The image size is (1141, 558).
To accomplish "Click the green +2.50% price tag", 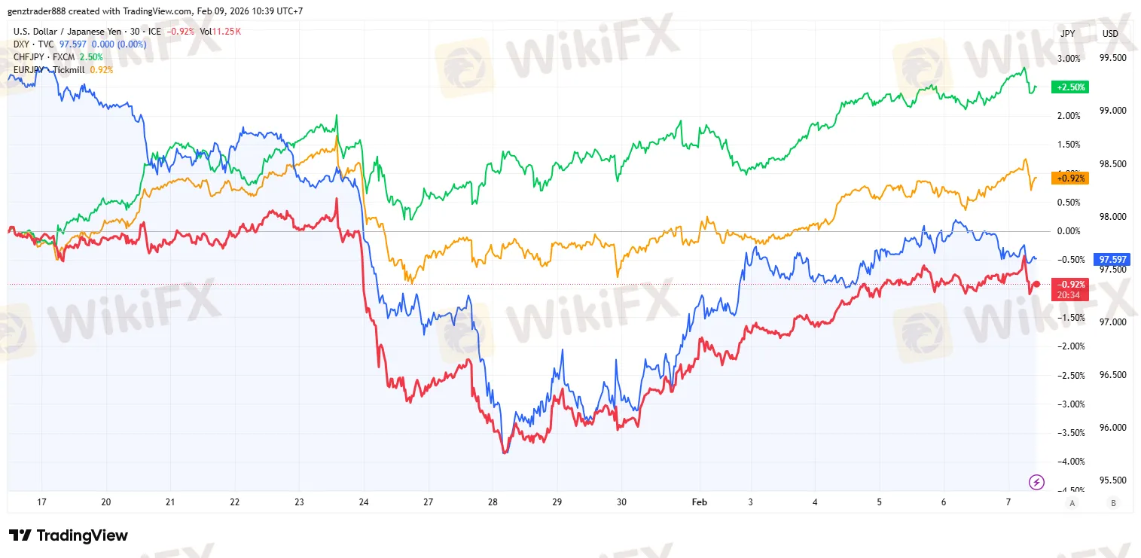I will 1070,87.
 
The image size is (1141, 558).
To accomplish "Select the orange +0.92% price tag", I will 1070,178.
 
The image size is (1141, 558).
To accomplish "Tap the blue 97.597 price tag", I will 1113,260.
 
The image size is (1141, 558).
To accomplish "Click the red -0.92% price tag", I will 1070,285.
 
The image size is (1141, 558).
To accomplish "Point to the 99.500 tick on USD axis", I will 1113,58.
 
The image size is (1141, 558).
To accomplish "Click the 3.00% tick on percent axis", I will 1069,58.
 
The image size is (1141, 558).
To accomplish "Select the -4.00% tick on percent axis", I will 1069,461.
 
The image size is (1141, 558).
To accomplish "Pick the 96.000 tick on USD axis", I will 1113,427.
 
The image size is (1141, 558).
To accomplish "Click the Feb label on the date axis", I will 697,502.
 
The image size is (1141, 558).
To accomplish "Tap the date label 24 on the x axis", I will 365,502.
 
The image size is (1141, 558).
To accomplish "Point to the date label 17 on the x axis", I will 42,502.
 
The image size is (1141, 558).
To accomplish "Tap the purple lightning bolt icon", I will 1036,482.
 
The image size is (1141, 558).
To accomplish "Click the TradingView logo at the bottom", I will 68,535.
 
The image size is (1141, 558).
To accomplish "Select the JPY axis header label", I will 1068,34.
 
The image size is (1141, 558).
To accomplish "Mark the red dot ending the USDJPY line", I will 1036,284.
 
